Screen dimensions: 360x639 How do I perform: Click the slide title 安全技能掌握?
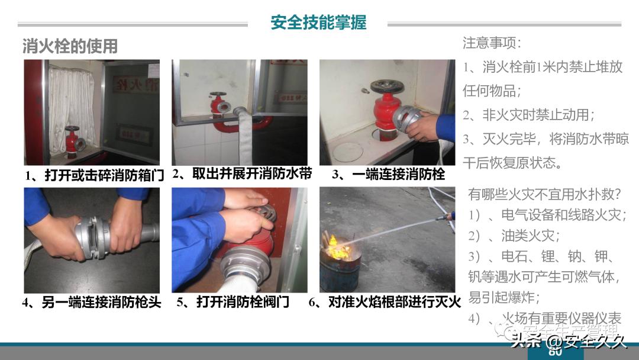(x=318, y=22)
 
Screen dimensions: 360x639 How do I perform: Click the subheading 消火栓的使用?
(x=70, y=46)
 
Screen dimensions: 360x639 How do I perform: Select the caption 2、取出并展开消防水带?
(x=242, y=174)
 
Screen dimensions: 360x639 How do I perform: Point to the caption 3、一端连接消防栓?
(x=388, y=175)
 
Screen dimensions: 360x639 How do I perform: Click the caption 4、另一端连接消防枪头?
(x=92, y=302)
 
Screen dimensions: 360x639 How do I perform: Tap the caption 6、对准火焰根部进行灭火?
(x=385, y=302)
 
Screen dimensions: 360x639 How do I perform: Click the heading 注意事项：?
(x=492, y=43)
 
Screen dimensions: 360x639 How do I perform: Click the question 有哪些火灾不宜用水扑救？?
(x=544, y=194)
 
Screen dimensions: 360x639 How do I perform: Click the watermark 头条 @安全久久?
(x=568, y=341)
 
